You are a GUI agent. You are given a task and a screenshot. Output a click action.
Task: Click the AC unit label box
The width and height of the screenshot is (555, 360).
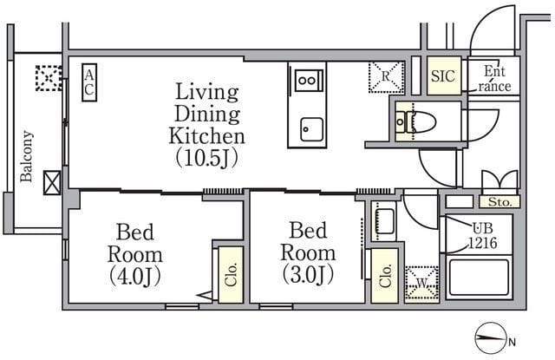(x=89, y=82)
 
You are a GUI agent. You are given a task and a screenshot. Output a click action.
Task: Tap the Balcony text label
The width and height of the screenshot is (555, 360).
(x=26, y=156)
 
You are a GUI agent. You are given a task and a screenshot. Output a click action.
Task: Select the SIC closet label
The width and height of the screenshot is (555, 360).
(x=443, y=75)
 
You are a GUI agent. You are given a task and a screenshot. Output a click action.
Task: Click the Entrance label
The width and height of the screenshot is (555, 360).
(x=494, y=79)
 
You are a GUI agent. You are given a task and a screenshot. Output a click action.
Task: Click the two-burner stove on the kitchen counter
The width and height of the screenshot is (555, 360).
(x=308, y=81)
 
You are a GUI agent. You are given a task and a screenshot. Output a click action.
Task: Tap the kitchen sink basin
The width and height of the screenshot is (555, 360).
(x=311, y=129)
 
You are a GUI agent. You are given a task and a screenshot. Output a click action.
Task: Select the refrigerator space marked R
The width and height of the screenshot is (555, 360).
(x=386, y=77)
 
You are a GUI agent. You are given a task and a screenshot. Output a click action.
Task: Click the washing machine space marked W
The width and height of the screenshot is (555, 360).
(x=421, y=284)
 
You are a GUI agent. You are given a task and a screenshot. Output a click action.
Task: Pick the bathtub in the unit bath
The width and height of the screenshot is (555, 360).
(x=479, y=278)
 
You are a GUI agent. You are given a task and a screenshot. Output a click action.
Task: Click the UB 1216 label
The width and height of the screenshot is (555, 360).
(x=483, y=236)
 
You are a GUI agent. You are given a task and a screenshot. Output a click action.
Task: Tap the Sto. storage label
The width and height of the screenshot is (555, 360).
(x=499, y=202)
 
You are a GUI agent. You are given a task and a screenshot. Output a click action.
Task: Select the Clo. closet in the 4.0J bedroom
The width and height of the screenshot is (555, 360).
(x=231, y=275)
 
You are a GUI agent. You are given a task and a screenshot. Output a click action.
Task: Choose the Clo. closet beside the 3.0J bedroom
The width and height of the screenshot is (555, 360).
(x=384, y=275)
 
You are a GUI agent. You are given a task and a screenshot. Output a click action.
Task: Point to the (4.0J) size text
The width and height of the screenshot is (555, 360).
(x=135, y=276)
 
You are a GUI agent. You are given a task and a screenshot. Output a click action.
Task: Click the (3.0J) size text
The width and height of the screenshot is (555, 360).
(x=308, y=274)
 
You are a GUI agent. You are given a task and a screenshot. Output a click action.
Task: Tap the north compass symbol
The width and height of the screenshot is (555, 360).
(x=489, y=338)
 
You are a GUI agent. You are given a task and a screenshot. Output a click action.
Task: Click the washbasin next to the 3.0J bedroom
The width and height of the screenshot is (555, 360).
(x=383, y=221)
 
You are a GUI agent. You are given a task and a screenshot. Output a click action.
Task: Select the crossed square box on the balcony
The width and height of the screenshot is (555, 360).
(x=52, y=183)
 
